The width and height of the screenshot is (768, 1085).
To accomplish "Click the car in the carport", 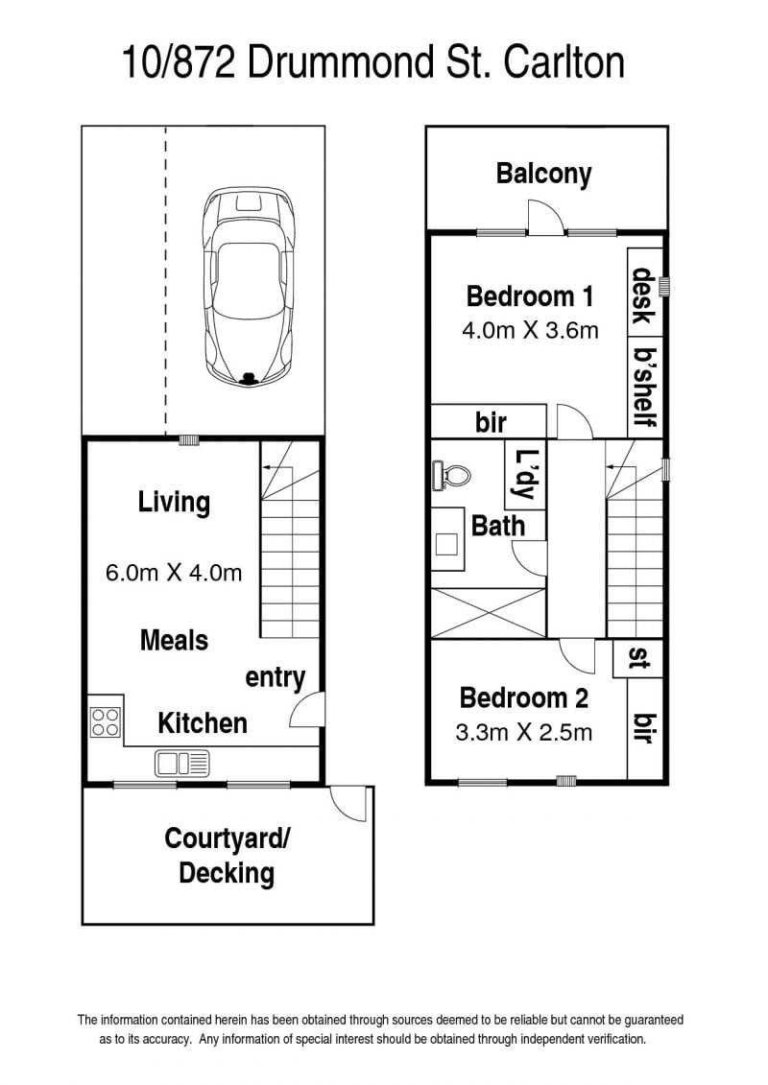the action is point(248,286).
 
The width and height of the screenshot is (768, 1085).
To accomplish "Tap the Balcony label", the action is point(543,174).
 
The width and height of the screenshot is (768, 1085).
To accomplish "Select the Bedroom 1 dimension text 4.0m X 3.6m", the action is point(530,330).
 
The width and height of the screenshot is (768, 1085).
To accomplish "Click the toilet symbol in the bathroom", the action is point(451,476).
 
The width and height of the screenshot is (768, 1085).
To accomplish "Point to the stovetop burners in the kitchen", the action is point(106,722).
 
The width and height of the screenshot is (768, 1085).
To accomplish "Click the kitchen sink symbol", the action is point(182,764).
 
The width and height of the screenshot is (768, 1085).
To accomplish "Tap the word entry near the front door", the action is point(275,678).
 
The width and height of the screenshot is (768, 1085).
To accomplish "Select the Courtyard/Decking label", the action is point(228,856).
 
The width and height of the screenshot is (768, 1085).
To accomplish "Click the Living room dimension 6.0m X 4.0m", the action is point(174,573).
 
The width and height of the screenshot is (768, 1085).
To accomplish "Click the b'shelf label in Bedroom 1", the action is point(645,386).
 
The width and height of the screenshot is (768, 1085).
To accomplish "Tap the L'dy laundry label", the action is point(525,475).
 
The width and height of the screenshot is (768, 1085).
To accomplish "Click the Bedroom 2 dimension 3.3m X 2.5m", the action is point(524,732).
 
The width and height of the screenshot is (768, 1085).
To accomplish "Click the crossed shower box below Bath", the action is point(489,612).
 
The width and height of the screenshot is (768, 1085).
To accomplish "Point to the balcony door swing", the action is point(546,217).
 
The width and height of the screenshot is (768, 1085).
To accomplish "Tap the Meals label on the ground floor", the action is point(174,640).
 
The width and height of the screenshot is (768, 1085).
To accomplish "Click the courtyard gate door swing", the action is point(348,803).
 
